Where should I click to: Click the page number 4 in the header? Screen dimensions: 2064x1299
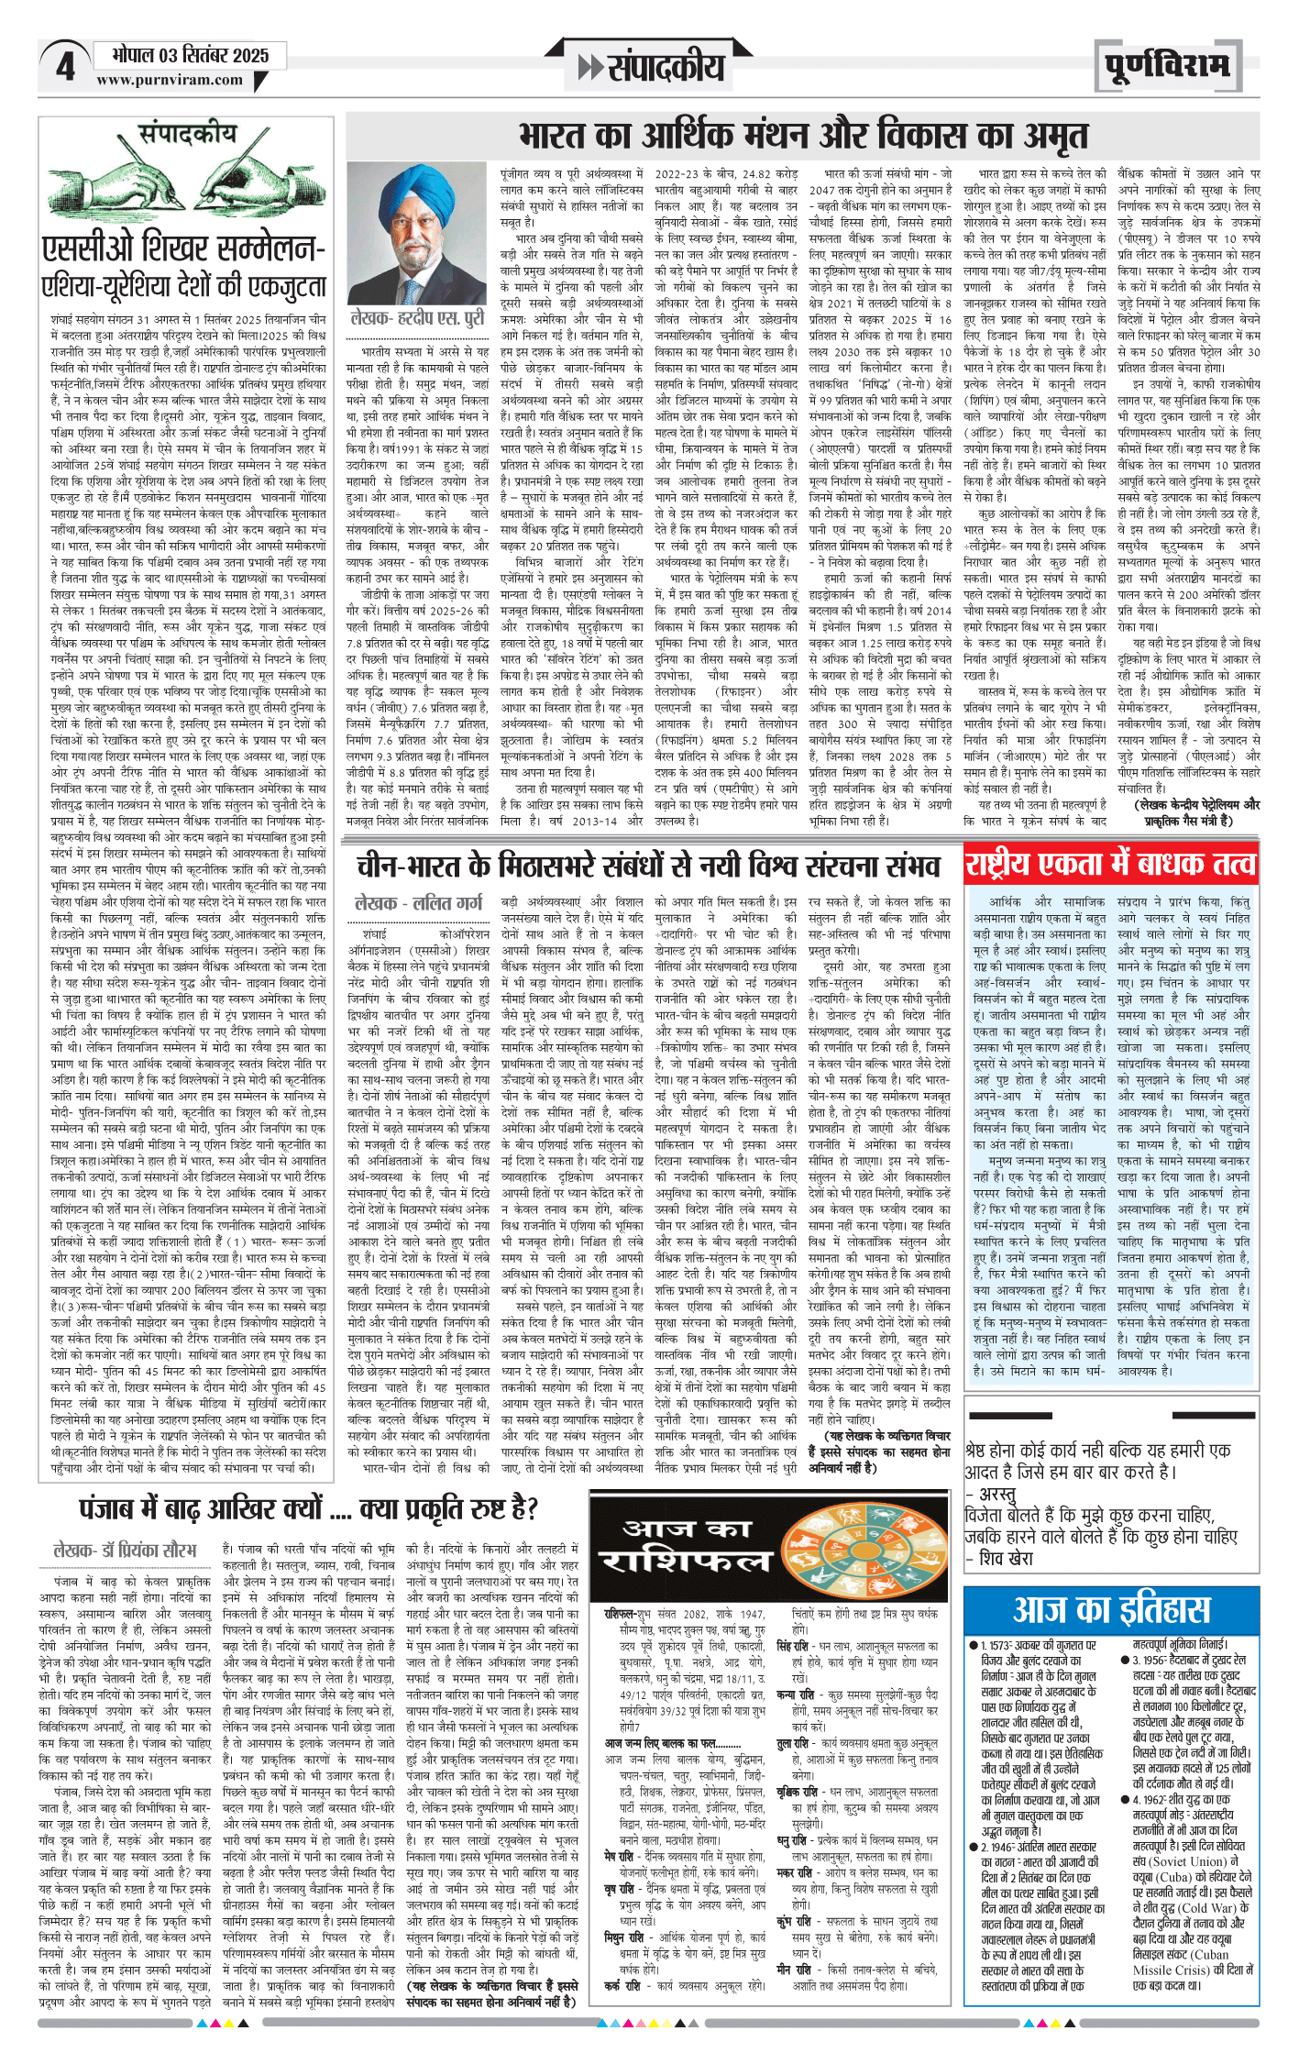pyautogui.click(x=65, y=66)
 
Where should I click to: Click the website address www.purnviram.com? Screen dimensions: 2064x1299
pyautogui.click(x=170, y=81)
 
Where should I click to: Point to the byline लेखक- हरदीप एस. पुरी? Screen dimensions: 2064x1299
pyautogui.click(x=417, y=319)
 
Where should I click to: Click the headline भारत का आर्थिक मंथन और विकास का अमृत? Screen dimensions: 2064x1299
pyautogui.click(x=803, y=137)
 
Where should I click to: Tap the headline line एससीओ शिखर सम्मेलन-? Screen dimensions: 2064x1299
pyautogui.click(x=183, y=248)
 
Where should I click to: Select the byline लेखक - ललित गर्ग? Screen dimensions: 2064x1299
pyautogui.click(x=418, y=902)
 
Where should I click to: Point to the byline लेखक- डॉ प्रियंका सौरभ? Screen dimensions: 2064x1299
pyautogui.click(x=125, y=1549)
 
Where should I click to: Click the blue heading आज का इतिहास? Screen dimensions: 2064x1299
pyautogui.click(x=1111, y=1609)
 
